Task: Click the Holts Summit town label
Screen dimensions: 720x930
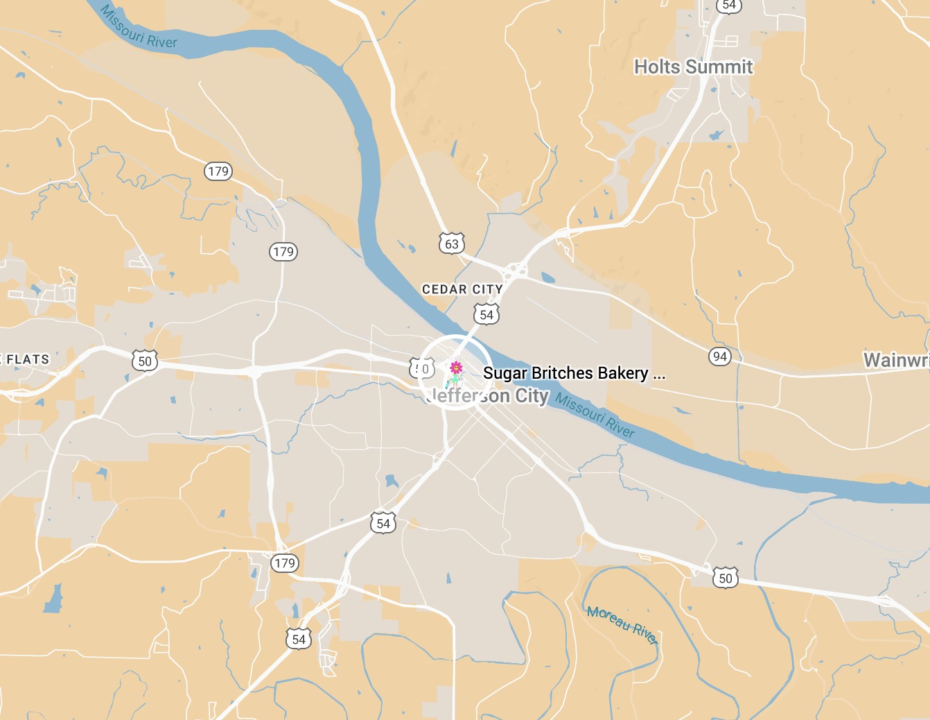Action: (693, 67)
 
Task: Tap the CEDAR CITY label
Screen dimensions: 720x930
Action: (462, 289)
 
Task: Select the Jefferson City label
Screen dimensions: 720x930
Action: (489, 396)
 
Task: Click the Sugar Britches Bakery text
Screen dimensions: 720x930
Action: (565, 373)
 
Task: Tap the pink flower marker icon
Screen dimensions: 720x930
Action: (456, 367)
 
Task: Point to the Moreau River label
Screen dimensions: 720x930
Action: (622, 624)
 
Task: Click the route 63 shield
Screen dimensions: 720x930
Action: (452, 243)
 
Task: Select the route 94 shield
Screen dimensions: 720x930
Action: (720, 357)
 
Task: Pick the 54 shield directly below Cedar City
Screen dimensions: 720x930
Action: (486, 315)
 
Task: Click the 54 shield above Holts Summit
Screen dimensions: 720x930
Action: (729, 6)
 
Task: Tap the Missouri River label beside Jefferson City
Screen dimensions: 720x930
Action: (595, 416)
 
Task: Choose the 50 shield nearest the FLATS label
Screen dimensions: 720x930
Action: (145, 361)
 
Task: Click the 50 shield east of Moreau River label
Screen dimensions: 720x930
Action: (725, 578)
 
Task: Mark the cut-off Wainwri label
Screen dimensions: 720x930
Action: (896, 360)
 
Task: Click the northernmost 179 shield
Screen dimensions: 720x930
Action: (218, 171)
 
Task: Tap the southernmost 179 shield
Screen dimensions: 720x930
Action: (285, 563)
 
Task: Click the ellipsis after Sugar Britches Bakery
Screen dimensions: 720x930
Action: (659, 375)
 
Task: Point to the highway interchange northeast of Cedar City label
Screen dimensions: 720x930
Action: (514, 269)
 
